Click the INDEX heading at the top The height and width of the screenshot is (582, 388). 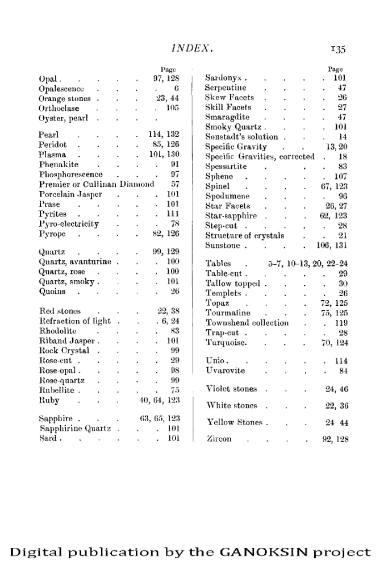194,49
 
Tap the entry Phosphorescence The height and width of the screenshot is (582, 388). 70,174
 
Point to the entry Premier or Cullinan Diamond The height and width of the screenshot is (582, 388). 97,184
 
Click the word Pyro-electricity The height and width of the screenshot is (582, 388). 69,224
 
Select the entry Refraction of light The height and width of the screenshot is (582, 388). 74,321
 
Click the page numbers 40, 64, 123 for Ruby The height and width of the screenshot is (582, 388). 159,400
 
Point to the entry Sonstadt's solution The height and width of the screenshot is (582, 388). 241,137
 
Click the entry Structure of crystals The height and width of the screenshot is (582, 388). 245,236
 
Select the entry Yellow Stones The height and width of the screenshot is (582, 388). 233,422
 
